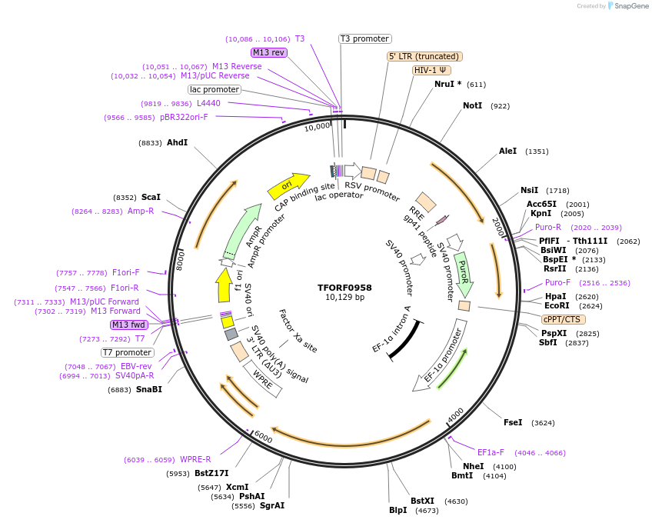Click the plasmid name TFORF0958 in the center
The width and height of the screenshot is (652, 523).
coord(344,287)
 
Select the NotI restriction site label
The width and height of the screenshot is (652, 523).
coord(472,105)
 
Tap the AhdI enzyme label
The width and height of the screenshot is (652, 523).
coord(177,142)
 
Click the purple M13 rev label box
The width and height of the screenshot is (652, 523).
coord(269,52)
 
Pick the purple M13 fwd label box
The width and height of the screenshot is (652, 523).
coord(129,325)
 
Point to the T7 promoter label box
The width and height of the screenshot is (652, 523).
coord(128,352)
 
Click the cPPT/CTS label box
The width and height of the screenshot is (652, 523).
coord(563,319)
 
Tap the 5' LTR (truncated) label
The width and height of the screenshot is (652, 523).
coord(424,56)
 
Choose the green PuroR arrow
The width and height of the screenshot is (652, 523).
coord(464,274)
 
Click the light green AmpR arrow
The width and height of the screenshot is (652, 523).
coord(246,228)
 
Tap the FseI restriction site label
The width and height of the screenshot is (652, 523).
coord(513,422)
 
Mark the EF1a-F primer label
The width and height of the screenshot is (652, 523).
coord(491,452)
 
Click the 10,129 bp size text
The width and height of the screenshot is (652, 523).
coord(344,298)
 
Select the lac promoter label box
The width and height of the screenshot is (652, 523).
coord(215,90)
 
